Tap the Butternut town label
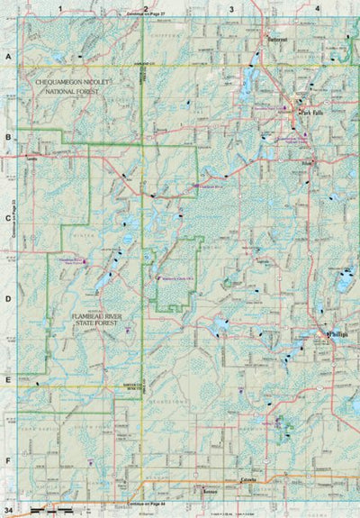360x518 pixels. point(275,38)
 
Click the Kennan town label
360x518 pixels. point(211,493)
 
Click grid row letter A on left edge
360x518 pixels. point(7,56)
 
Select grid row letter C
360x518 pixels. point(7,218)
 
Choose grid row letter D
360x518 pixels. point(7,298)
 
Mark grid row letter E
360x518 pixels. point(7,379)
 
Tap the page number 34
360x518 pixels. point(8,512)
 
